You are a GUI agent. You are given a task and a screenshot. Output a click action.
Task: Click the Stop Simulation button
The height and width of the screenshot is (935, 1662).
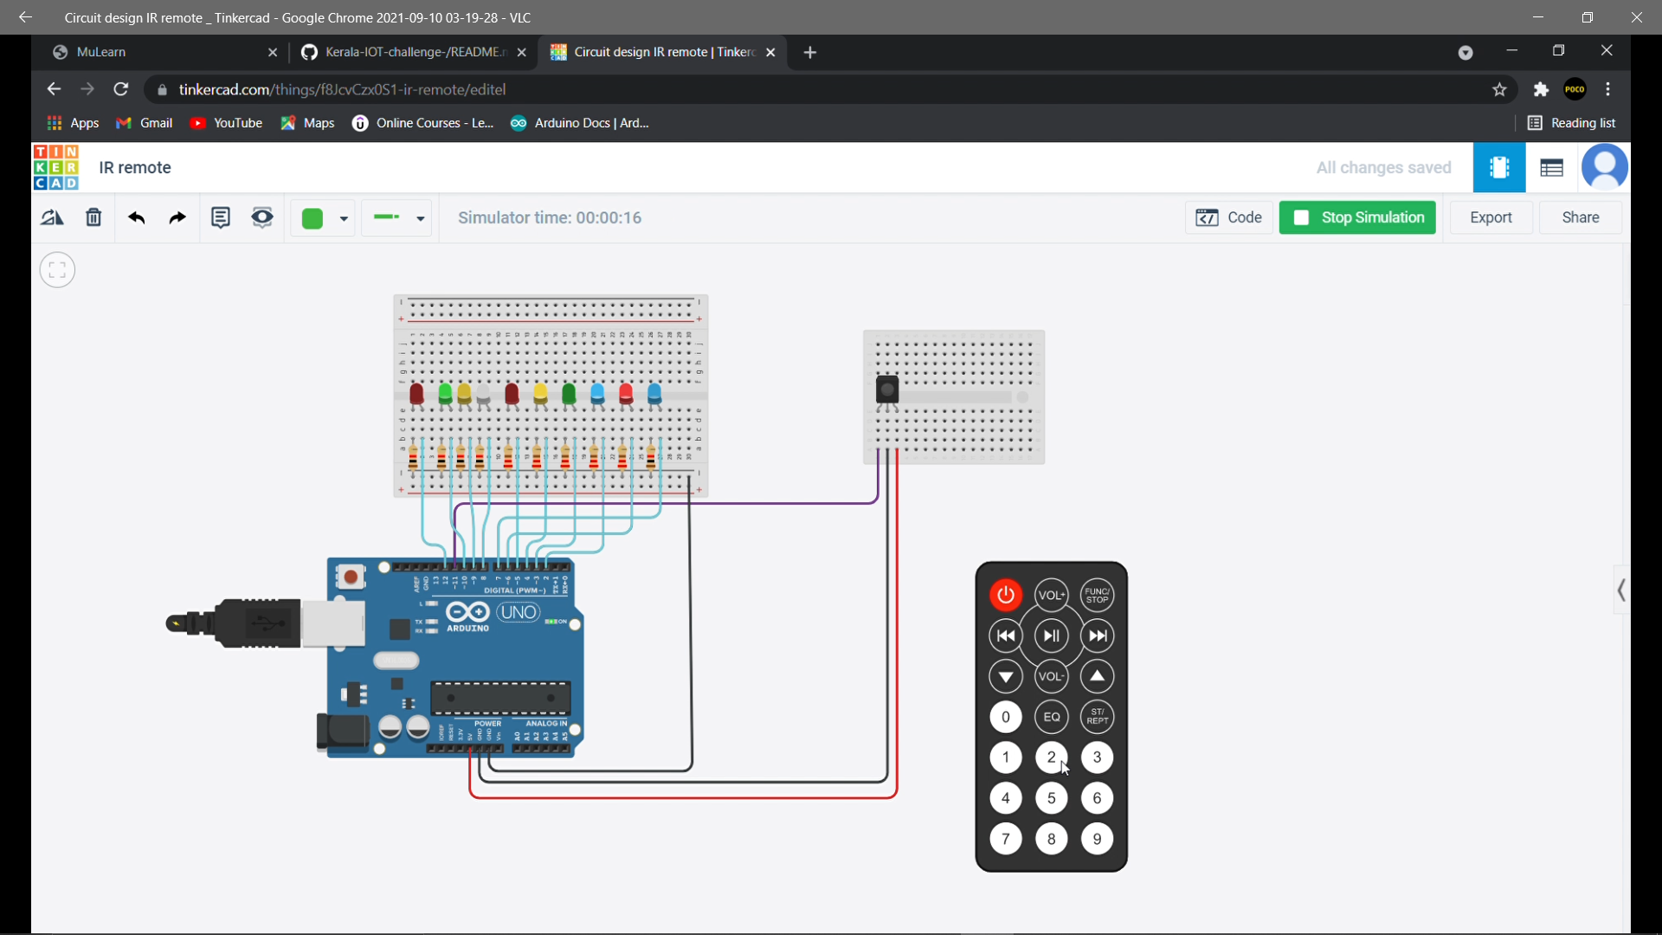pyautogui.click(x=1357, y=217)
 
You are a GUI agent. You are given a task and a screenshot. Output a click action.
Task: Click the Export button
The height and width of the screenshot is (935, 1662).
pyautogui.click(x=1491, y=217)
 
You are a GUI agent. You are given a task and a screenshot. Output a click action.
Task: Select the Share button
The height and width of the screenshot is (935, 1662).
pyautogui.click(x=1580, y=217)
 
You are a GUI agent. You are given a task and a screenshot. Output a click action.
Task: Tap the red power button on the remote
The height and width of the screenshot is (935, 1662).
pyautogui.click(x=1005, y=595)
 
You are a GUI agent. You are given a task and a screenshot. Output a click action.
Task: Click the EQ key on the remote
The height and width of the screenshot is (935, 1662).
pyautogui.click(x=1051, y=717)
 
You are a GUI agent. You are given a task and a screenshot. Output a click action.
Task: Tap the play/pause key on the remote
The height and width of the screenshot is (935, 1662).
pyautogui.click(x=1051, y=636)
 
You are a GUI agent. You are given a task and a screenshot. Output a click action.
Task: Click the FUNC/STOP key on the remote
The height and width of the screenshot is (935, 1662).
pyautogui.click(x=1097, y=595)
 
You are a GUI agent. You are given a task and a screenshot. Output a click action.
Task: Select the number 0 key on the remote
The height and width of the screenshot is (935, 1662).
pyautogui.click(x=1005, y=717)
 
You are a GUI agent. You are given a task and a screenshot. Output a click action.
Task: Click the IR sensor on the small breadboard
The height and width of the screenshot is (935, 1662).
pyautogui.click(x=887, y=390)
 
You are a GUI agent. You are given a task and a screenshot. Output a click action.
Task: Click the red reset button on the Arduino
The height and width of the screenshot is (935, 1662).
pyautogui.click(x=351, y=577)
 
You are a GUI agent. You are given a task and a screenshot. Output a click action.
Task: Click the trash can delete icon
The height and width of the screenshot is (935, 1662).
pyautogui.click(x=93, y=217)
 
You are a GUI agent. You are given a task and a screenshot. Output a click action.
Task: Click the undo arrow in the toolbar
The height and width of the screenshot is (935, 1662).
pyautogui.click(x=136, y=217)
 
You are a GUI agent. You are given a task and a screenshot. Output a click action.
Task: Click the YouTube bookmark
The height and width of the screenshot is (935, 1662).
pyautogui.click(x=226, y=123)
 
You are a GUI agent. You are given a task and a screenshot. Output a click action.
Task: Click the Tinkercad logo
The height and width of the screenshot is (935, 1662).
pyautogui.click(x=56, y=167)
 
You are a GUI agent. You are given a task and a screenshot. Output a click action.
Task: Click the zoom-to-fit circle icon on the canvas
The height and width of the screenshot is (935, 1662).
pyautogui.click(x=57, y=270)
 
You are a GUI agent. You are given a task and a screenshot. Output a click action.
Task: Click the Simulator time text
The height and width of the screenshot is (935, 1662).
pyautogui.click(x=550, y=217)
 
